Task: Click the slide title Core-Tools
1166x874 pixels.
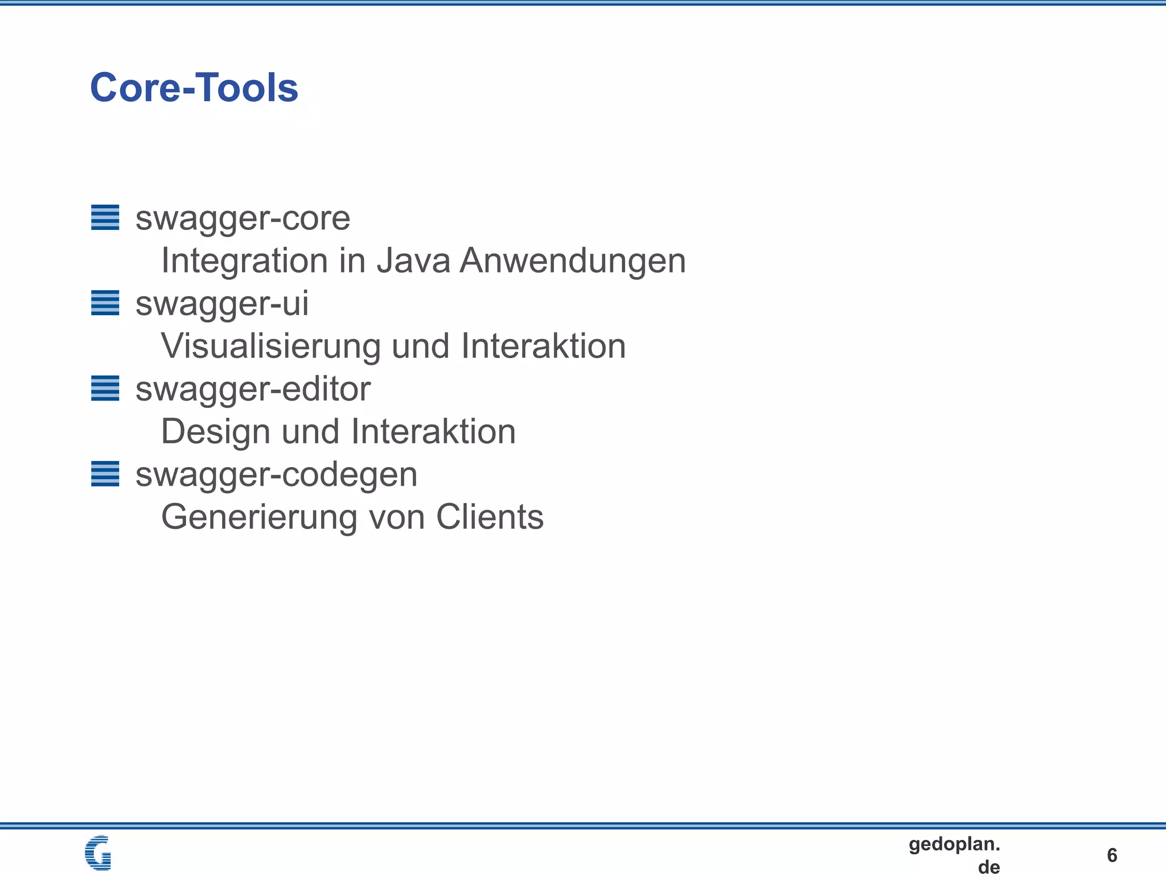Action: pyautogui.click(x=194, y=88)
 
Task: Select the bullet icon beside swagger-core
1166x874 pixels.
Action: pyautogui.click(x=105, y=217)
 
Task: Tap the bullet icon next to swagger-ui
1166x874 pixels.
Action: pyautogui.click(x=105, y=303)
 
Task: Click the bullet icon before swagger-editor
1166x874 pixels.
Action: pyautogui.click(x=105, y=388)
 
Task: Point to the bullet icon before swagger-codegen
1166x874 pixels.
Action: pyautogui.click(x=105, y=473)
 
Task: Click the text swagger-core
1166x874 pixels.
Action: pyautogui.click(x=243, y=218)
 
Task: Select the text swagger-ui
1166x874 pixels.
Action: pyautogui.click(x=222, y=304)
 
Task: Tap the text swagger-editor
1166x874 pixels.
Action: pyautogui.click(x=253, y=389)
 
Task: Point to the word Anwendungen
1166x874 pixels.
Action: pyautogui.click(x=573, y=262)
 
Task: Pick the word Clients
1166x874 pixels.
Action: pyautogui.click(x=490, y=517)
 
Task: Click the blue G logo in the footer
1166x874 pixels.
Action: pyautogui.click(x=98, y=852)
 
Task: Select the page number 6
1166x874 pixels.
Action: pyautogui.click(x=1112, y=855)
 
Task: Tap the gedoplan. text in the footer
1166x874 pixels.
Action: pyautogui.click(x=954, y=844)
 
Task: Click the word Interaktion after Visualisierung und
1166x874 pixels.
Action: pyautogui.click(x=543, y=346)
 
